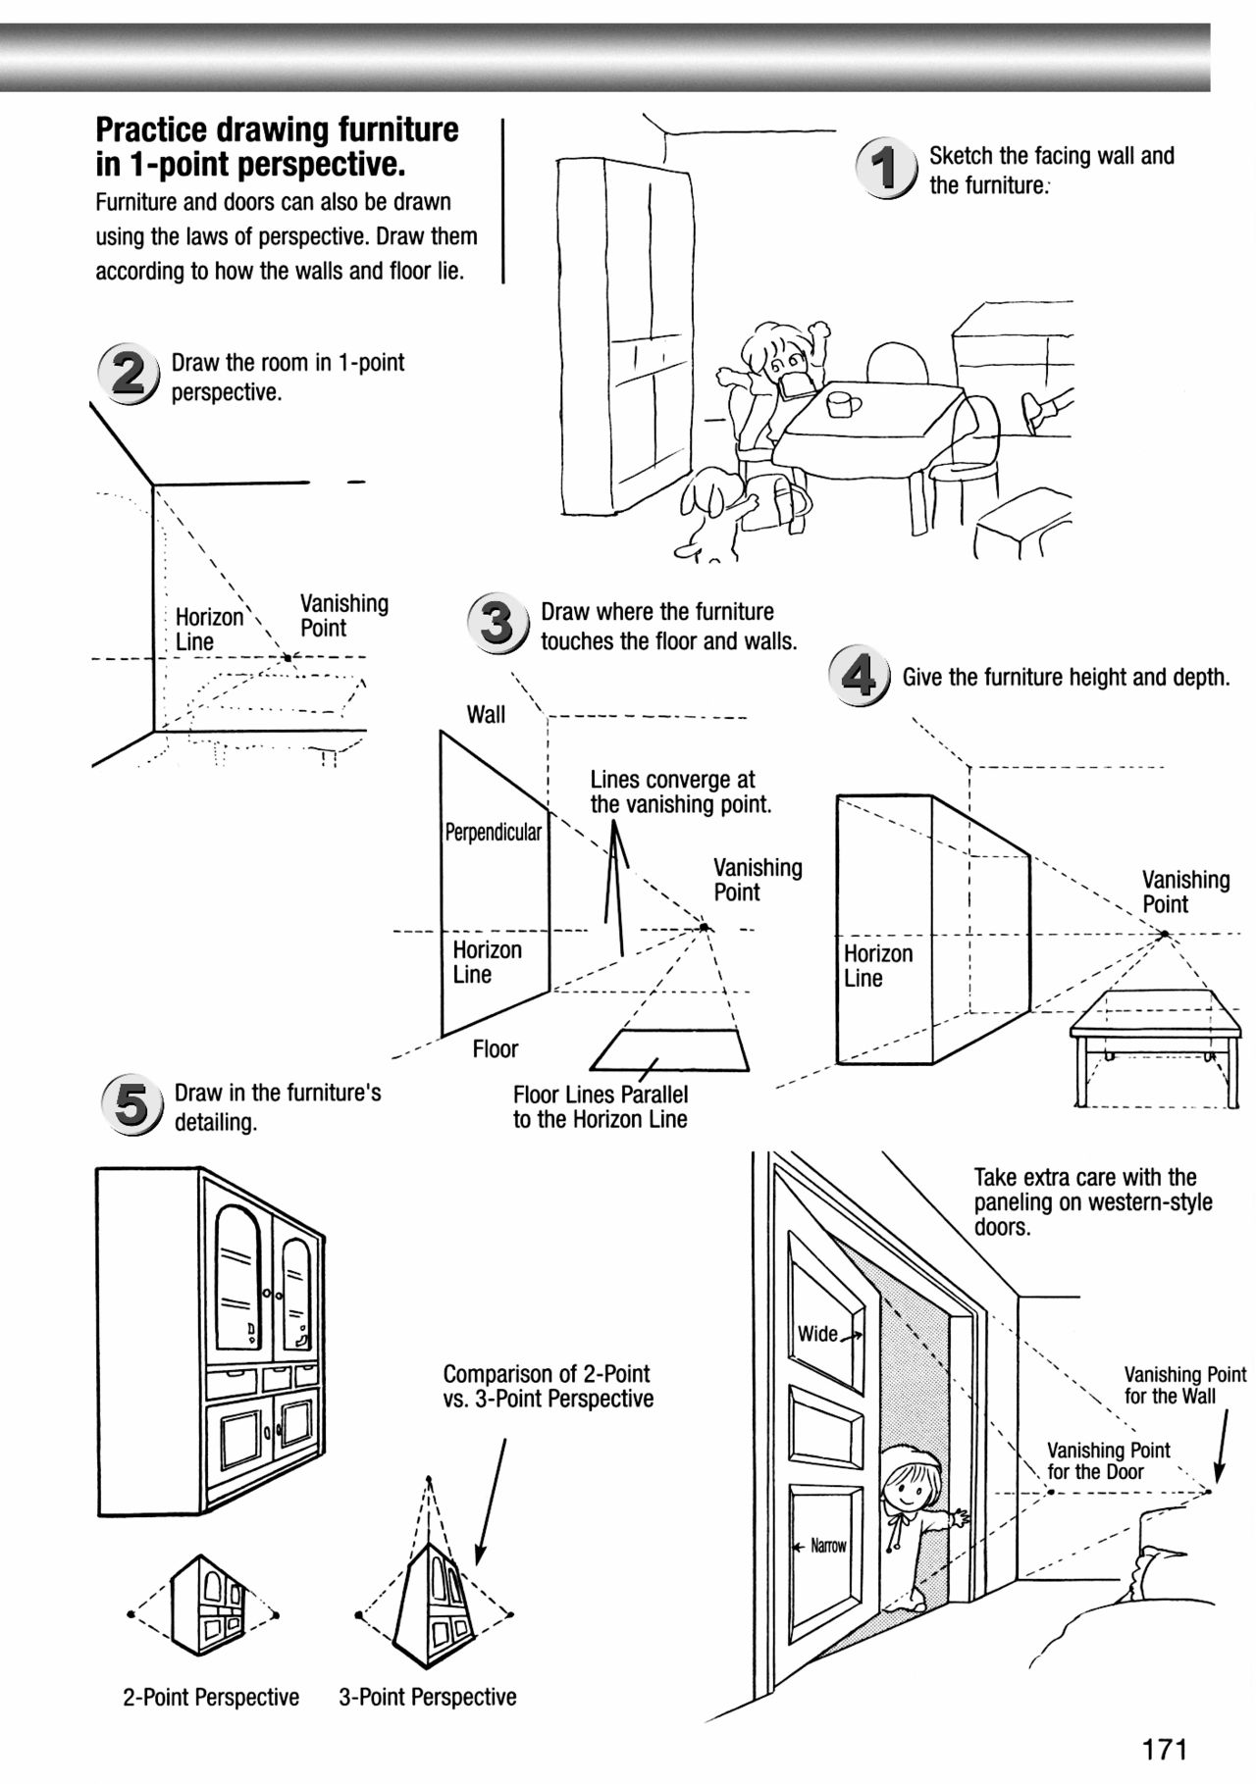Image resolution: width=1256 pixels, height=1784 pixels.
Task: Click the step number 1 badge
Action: [x=886, y=169]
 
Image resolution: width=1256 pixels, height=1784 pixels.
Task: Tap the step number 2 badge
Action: [x=128, y=376]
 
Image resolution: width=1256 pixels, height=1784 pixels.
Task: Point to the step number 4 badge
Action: [x=859, y=677]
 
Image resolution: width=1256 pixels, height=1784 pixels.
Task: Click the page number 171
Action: [x=1165, y=1748]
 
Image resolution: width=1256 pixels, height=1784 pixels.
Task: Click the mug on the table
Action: [x=842, y=402]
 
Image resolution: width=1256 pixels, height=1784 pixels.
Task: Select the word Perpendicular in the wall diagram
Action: [x=494, y=833]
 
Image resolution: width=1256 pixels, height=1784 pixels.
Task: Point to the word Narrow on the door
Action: [x=828, y=1546]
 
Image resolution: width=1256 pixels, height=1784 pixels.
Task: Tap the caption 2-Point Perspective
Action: [x=211, y=1698]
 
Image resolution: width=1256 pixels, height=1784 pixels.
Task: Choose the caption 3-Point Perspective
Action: [x=428, y=1698]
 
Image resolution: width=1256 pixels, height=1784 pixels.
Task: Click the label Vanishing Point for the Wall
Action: [x=1184, y=1385]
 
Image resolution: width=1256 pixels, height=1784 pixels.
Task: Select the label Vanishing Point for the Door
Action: [x=1108, y=1460]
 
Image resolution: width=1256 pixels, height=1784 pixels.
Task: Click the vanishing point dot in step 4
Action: [x=1165, y=935]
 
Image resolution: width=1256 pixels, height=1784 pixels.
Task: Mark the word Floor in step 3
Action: [x=495, y=1049]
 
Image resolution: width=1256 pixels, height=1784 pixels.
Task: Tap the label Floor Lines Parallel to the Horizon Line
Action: [x=600, y=1107]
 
